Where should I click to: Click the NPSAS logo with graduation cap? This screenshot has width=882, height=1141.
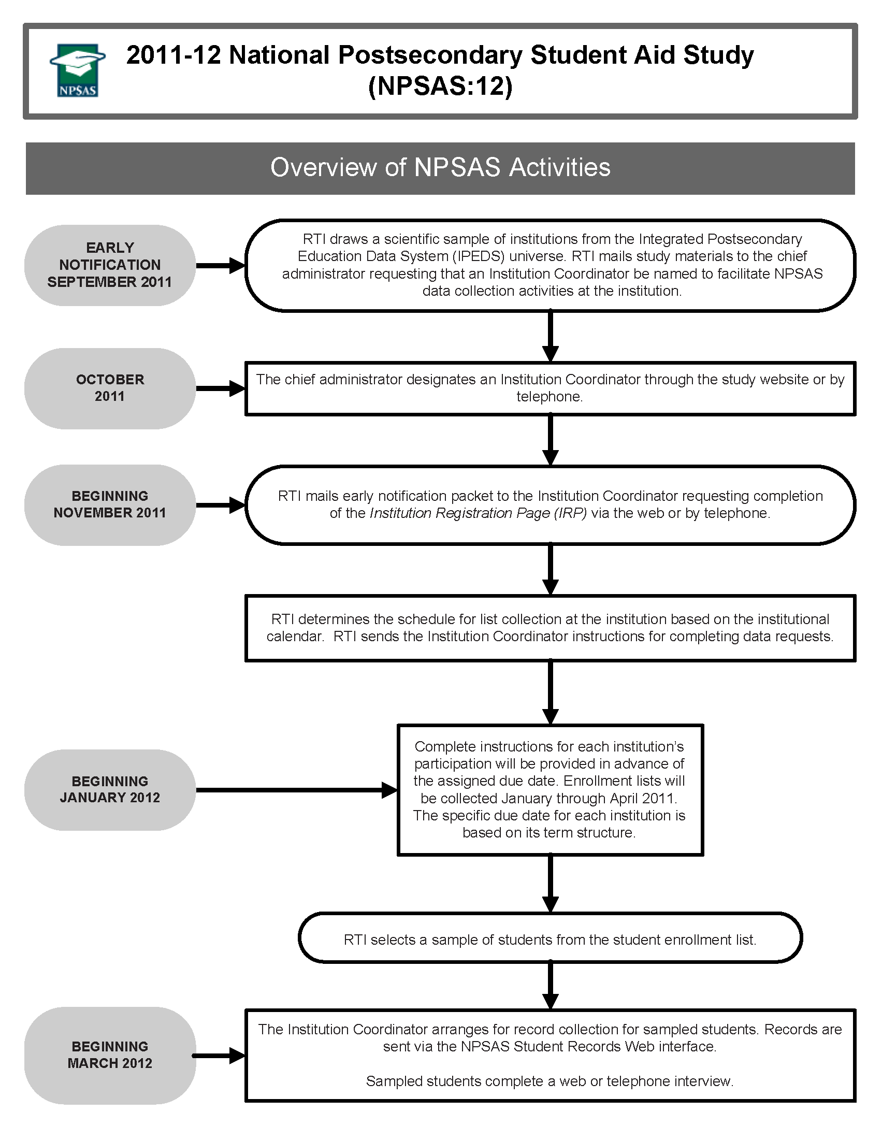point(77,70)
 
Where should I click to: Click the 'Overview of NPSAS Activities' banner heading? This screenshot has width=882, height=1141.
point(440,168)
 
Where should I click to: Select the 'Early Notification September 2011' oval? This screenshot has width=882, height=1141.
point(110,265)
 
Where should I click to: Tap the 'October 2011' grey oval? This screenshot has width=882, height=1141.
point(110,388)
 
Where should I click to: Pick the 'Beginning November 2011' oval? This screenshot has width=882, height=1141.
point(110,504)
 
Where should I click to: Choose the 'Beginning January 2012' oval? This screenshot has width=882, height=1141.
point(110,789)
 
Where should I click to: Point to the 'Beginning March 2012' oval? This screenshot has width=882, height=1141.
point(110,1055)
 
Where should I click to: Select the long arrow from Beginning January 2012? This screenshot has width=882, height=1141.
point(296,790)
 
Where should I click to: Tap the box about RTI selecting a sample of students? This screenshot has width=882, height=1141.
point(550,940)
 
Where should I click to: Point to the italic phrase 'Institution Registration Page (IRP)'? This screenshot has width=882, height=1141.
point(478,514)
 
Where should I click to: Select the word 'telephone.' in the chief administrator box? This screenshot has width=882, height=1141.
point(550,397)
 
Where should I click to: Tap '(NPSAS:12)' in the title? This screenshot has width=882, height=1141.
point(440,86)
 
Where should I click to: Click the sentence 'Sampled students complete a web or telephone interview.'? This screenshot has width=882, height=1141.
point(550,1081)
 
